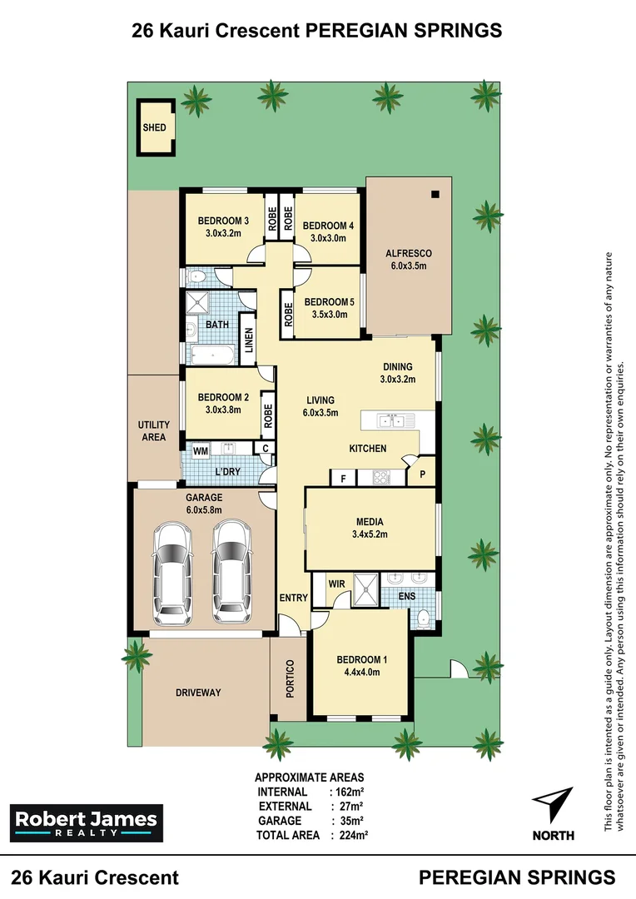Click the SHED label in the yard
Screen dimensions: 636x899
[x=154, y=127]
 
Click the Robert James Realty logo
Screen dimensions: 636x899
[x=87, y=822]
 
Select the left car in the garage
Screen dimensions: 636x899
[x=172, y=573]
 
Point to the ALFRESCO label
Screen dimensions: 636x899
[x=409, y=253]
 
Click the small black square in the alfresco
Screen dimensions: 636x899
[x=435, y=194]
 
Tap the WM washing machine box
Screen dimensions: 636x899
[x=200, y=450]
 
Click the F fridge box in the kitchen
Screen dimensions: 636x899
[x=343, y=478]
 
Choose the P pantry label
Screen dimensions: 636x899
[x=422, y=474]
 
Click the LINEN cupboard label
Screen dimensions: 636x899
[x=248, y=340]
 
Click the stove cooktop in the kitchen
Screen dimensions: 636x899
[x=380, y=477]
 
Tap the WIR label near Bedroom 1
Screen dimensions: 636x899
[x=336, y=584]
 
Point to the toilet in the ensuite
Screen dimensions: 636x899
[x=424, y=618]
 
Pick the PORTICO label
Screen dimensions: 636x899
[x=290, y=679]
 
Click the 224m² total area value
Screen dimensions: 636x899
[x=353, y=835]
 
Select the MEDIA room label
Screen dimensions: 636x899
[x=370, y=522]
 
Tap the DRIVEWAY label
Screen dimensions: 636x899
[x=198, y=692]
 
